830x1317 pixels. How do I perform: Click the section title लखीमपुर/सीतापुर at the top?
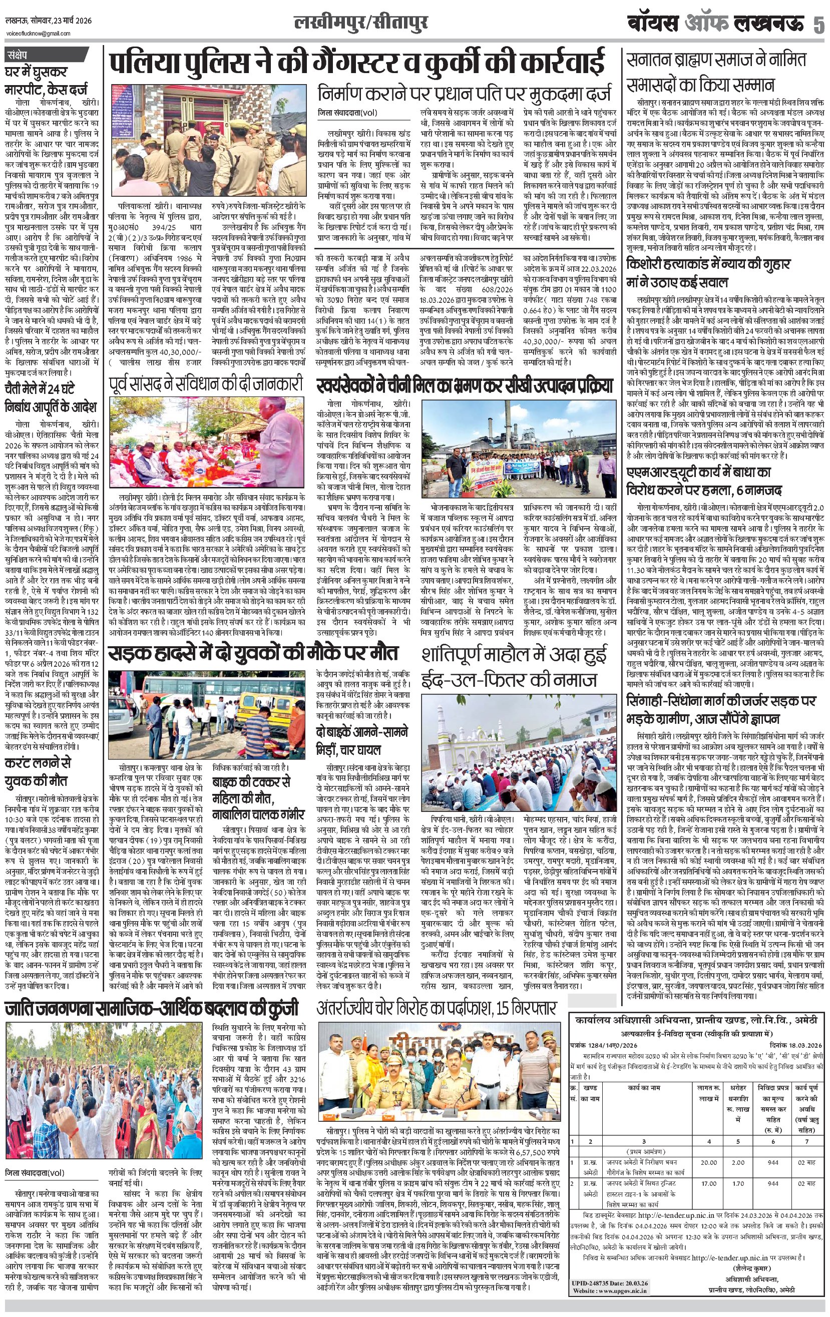360,24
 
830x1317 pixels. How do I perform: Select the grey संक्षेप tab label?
22,55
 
